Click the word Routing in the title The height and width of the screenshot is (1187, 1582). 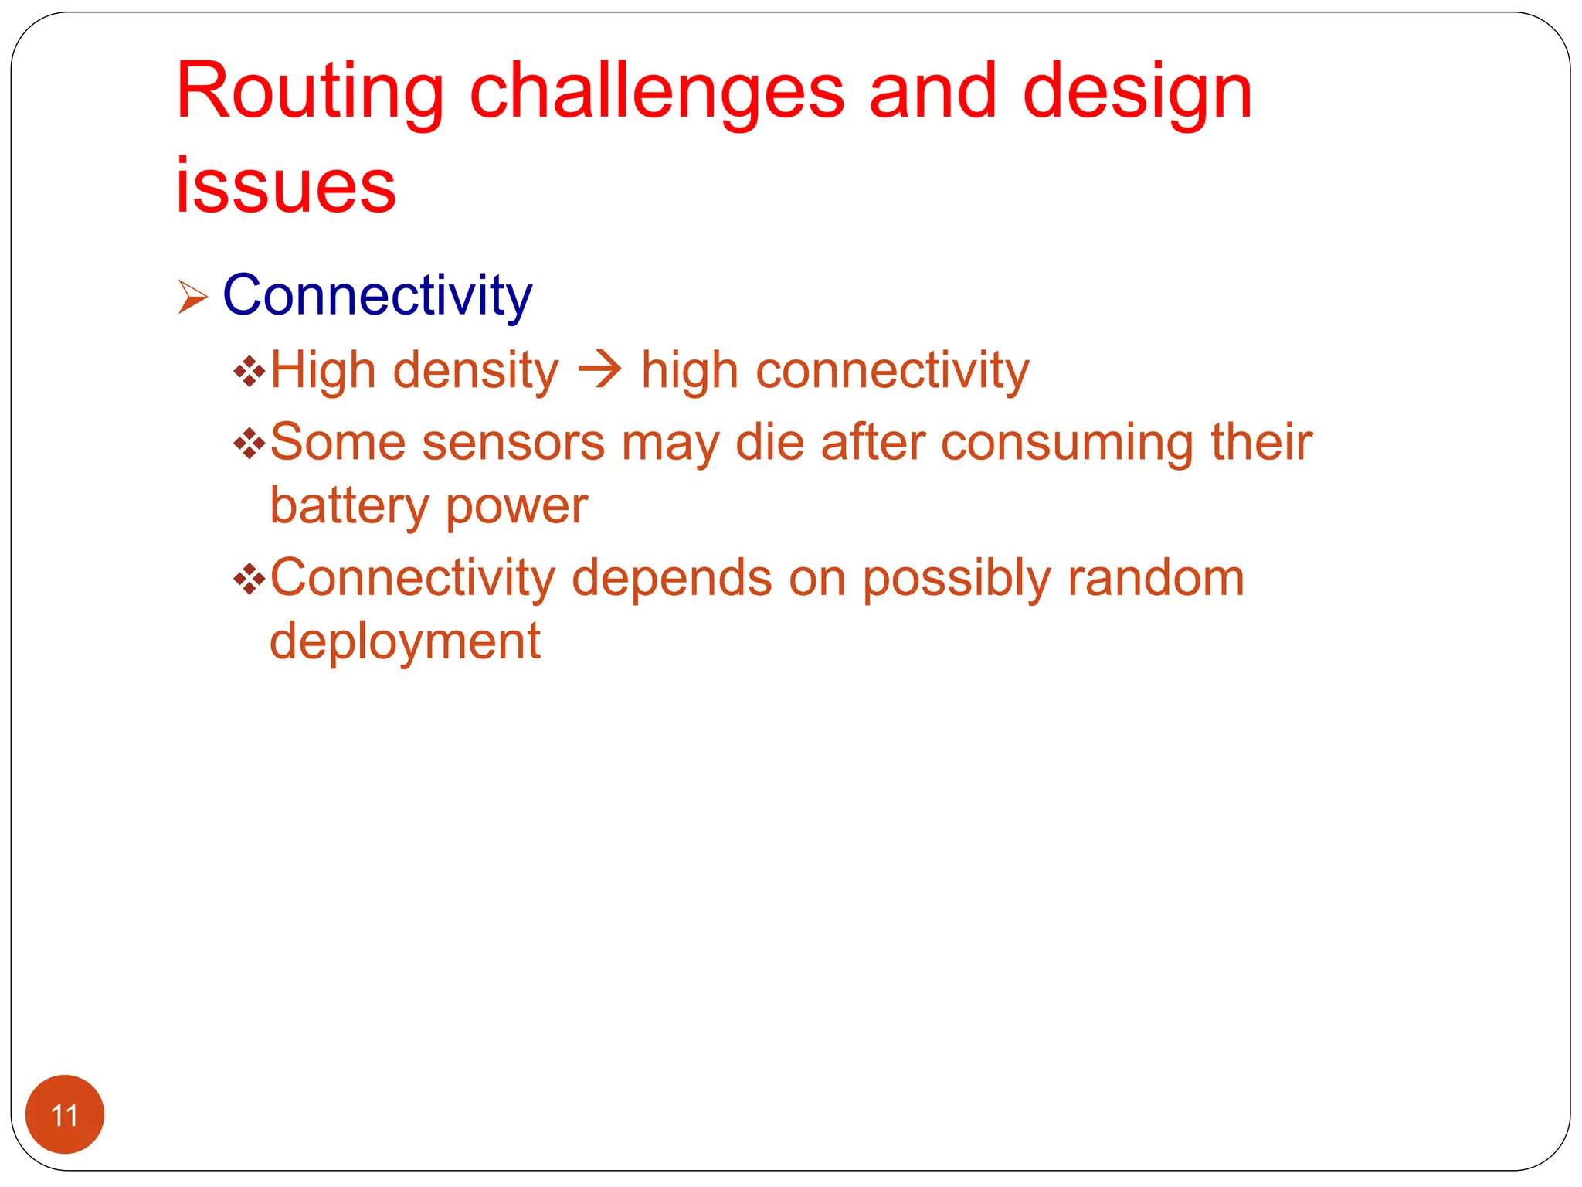tap(309, 93)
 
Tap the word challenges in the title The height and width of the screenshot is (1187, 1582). tap(657, 93)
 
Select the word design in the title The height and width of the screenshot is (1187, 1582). tap(1137, 93)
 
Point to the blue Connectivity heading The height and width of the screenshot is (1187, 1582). tap(377, 295)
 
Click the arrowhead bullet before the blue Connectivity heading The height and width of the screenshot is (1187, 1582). tap(192, 297)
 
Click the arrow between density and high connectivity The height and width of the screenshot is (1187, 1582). tap(599, 370)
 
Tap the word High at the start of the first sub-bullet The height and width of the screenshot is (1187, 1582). tap(323, 370)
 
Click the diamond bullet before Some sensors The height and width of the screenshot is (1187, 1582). tap(249, 444)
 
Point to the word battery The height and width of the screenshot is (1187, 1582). tap(348, 506)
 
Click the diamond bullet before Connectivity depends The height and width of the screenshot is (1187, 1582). tap(249, 579)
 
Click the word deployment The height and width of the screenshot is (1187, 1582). tap(405, 641)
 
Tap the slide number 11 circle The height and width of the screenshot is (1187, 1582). tap(65, 1114)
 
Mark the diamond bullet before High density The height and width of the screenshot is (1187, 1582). tap(249, 372)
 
